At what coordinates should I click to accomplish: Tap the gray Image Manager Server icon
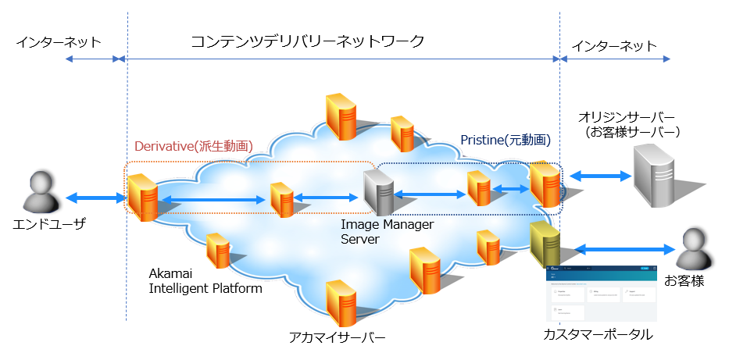pyautogui.click(x=379, y=192)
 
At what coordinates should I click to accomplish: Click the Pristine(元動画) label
pyautogui.click(x=505, y=141)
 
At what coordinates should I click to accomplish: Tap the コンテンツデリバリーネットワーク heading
pyautogui.click(x=308, y=41)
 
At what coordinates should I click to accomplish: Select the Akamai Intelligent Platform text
pyautogui.click(x=205, y=281)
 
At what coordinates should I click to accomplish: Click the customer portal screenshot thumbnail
pyautogui.click(x=601, y=294)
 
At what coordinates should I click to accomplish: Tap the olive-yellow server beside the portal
pyautogui.click(x=545, y=244)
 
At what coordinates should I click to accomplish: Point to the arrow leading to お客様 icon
pyautogui.click(x=624, y=249)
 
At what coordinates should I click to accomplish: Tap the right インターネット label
pyautogui.click(x=614, y=46)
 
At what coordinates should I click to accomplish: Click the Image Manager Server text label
pyautogui.click(x=387, y=232)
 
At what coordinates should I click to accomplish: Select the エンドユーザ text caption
pyautogui.click(x=48, y=224)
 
